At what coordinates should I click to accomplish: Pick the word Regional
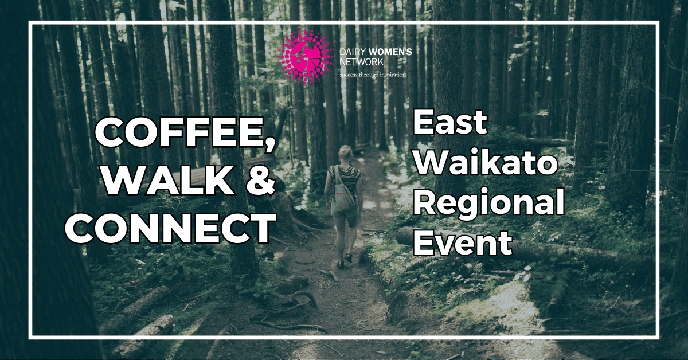488,204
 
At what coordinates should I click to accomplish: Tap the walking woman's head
346,153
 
